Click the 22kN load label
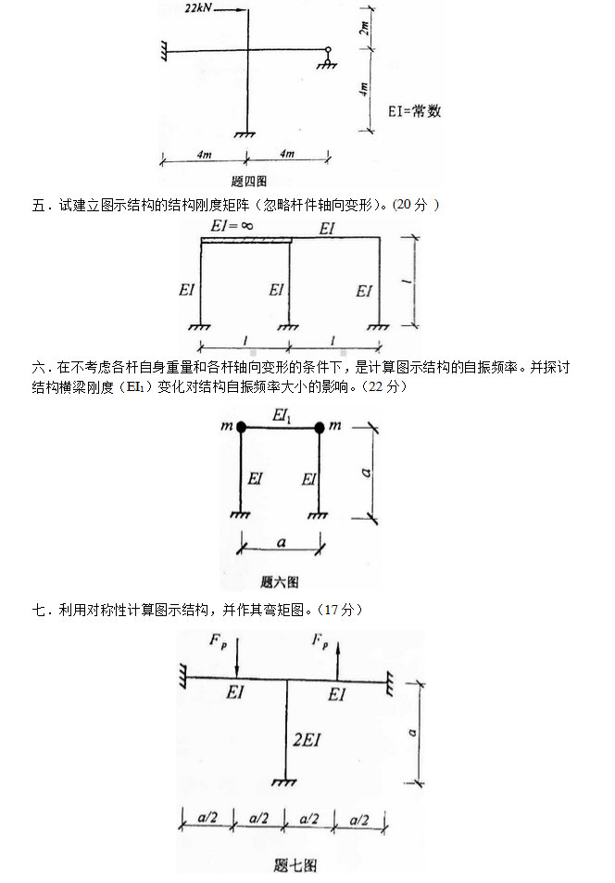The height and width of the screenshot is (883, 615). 201,8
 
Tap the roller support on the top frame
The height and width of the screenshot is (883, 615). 327,57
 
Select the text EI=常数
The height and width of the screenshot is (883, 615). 416,111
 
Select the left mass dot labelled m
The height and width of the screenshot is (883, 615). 242,427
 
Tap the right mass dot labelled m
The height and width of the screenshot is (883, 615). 320,427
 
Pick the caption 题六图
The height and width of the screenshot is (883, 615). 280,583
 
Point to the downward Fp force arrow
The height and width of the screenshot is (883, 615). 236,660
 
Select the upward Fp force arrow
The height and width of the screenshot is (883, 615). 338,660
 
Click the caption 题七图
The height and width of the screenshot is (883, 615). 295,866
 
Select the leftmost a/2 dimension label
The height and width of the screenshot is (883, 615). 207,820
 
